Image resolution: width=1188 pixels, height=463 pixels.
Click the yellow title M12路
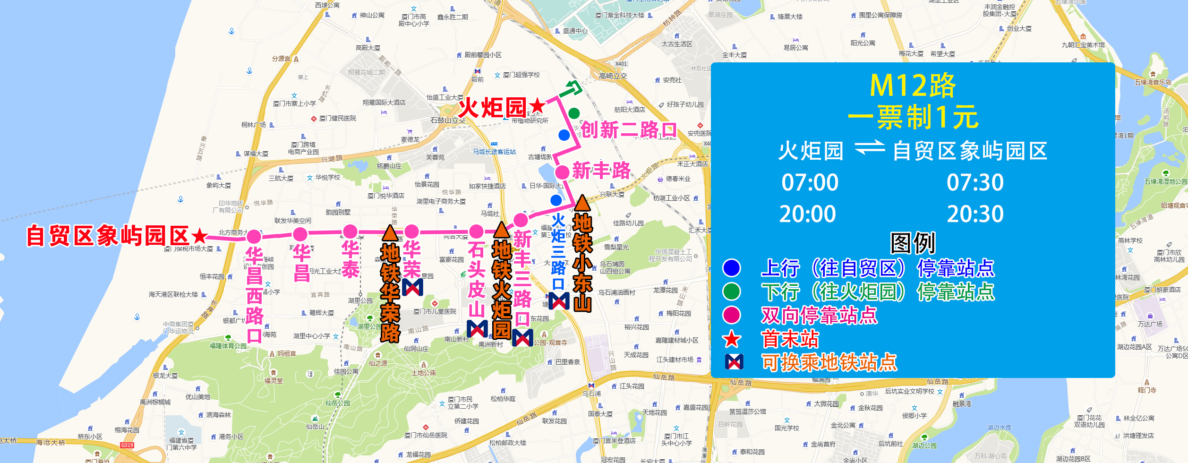pos(913,86)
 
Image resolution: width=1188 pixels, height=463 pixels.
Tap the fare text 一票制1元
pos(913,117)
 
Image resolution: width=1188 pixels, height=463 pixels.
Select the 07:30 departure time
pos(975,183)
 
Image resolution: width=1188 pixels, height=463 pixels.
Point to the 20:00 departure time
pos(807,214)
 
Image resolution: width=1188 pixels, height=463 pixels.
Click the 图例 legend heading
pos(913,243)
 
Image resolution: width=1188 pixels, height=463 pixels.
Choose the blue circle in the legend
pos(731,268)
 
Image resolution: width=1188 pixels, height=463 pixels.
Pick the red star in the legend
pos(732,339)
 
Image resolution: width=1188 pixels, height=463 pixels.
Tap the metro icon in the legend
pos(734,362)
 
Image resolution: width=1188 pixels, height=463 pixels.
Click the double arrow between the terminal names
pos(870,148)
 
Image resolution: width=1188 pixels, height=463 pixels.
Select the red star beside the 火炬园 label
pos(537,106)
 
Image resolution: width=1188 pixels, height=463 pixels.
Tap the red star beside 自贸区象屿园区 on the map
pos(200,235)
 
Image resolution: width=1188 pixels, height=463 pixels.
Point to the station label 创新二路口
pos(628,130)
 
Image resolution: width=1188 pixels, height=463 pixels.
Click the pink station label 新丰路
pos(601,171)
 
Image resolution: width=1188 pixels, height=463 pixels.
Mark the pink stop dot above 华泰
pos(350,231)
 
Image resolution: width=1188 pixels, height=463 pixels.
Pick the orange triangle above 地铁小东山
pos(582,203)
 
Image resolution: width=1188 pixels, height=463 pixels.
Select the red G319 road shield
pos(127,445)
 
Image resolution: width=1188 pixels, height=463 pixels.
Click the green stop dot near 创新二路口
pos(574,113)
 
